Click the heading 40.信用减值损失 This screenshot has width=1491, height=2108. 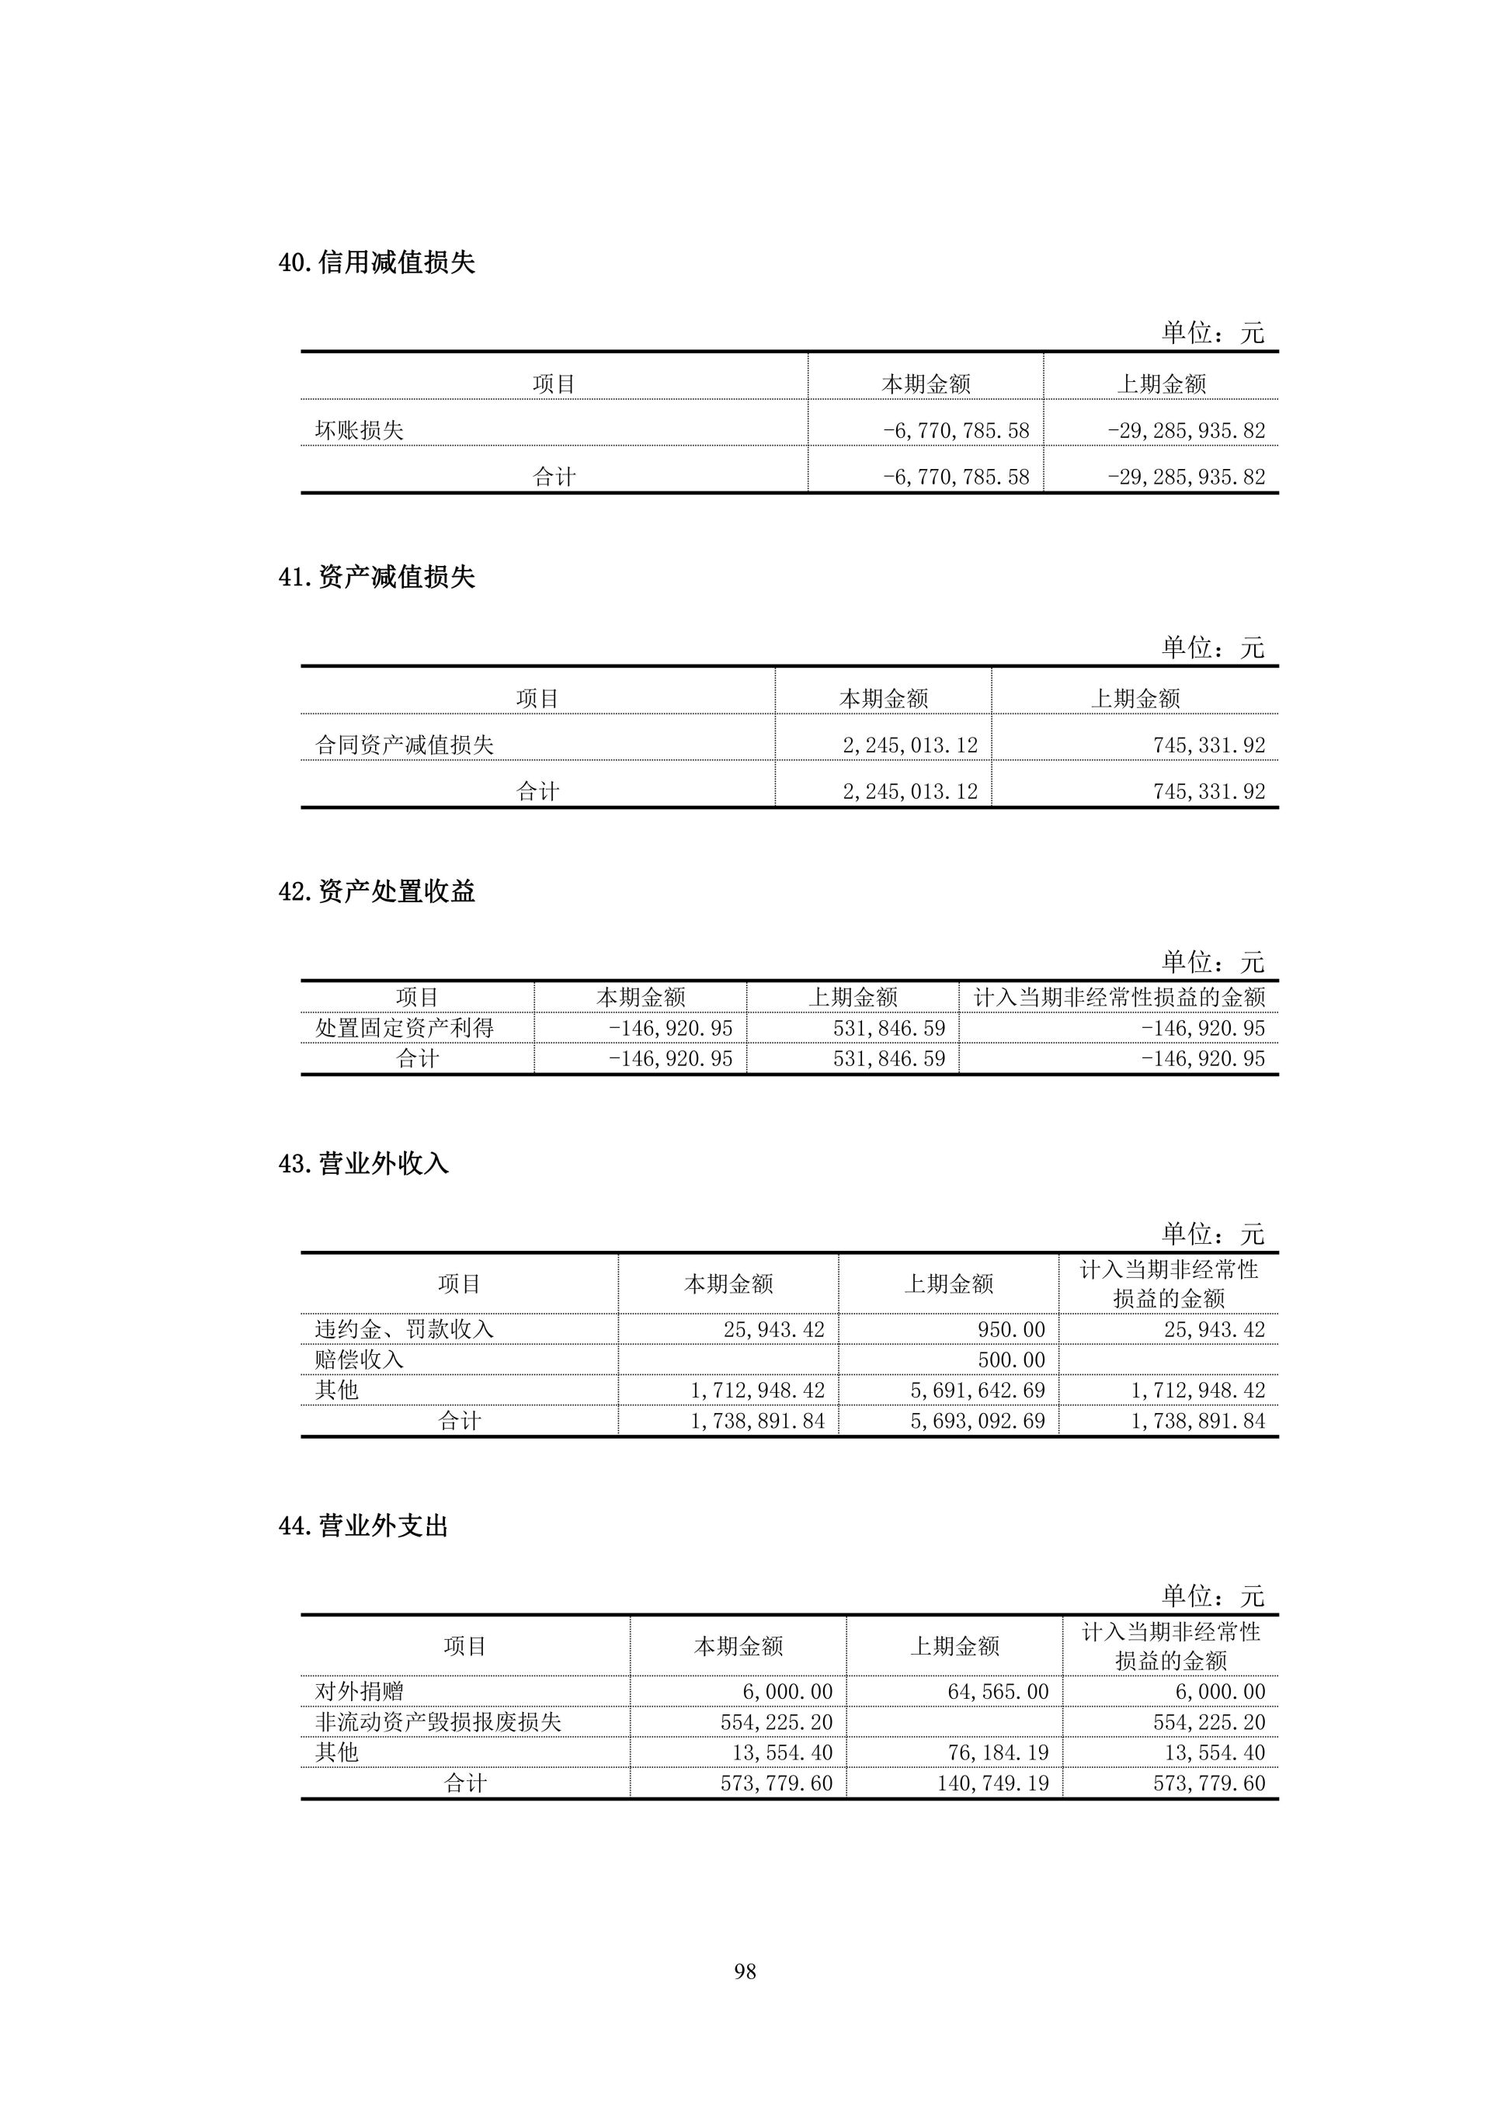point(377,262)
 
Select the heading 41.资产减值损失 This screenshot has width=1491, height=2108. point(377,578)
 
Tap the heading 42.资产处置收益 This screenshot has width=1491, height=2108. point(377,891)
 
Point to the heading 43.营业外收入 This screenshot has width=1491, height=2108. point(363,1164)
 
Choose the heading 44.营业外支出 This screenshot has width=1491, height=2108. point(363,1526)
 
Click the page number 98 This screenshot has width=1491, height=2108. point(745,1971)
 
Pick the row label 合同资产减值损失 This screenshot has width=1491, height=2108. point(404,745)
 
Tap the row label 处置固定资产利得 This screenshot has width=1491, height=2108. point(404,1028)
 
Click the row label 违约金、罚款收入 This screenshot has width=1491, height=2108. point(404,1328)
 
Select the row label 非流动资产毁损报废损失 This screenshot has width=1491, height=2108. point(438,1721)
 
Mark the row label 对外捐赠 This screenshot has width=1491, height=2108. point(359,1691)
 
